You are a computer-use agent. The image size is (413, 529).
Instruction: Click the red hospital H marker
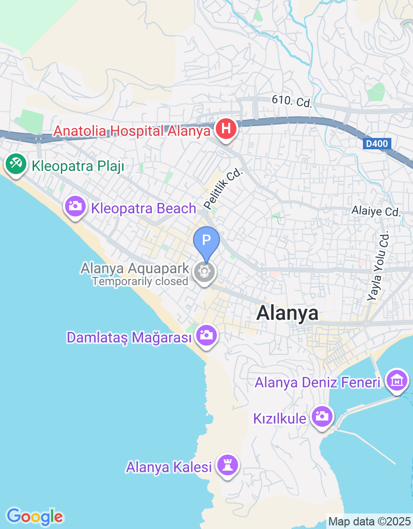tap(226, 129)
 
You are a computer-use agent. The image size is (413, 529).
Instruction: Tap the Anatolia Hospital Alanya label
tap(132, 131)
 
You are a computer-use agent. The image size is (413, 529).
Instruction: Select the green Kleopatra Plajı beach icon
tap(15, 165)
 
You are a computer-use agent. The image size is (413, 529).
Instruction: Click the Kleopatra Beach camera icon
tap(75, 207)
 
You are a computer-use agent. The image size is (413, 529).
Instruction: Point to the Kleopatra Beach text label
tap(144, 209)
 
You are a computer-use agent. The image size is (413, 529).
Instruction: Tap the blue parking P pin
tap(206, 241)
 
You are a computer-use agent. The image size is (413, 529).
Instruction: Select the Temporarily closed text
tap(140, 282)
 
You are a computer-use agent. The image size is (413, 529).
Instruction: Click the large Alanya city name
tap(287, 313)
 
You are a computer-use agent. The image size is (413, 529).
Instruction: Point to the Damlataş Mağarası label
tap(129, 338)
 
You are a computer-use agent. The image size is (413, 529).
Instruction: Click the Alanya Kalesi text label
tap(169, 468)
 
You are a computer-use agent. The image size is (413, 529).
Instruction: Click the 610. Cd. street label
tap(292, 102)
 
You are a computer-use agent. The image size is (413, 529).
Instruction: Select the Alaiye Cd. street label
tap(376, 211)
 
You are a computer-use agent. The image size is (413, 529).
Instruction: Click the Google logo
tap(35, 516)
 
